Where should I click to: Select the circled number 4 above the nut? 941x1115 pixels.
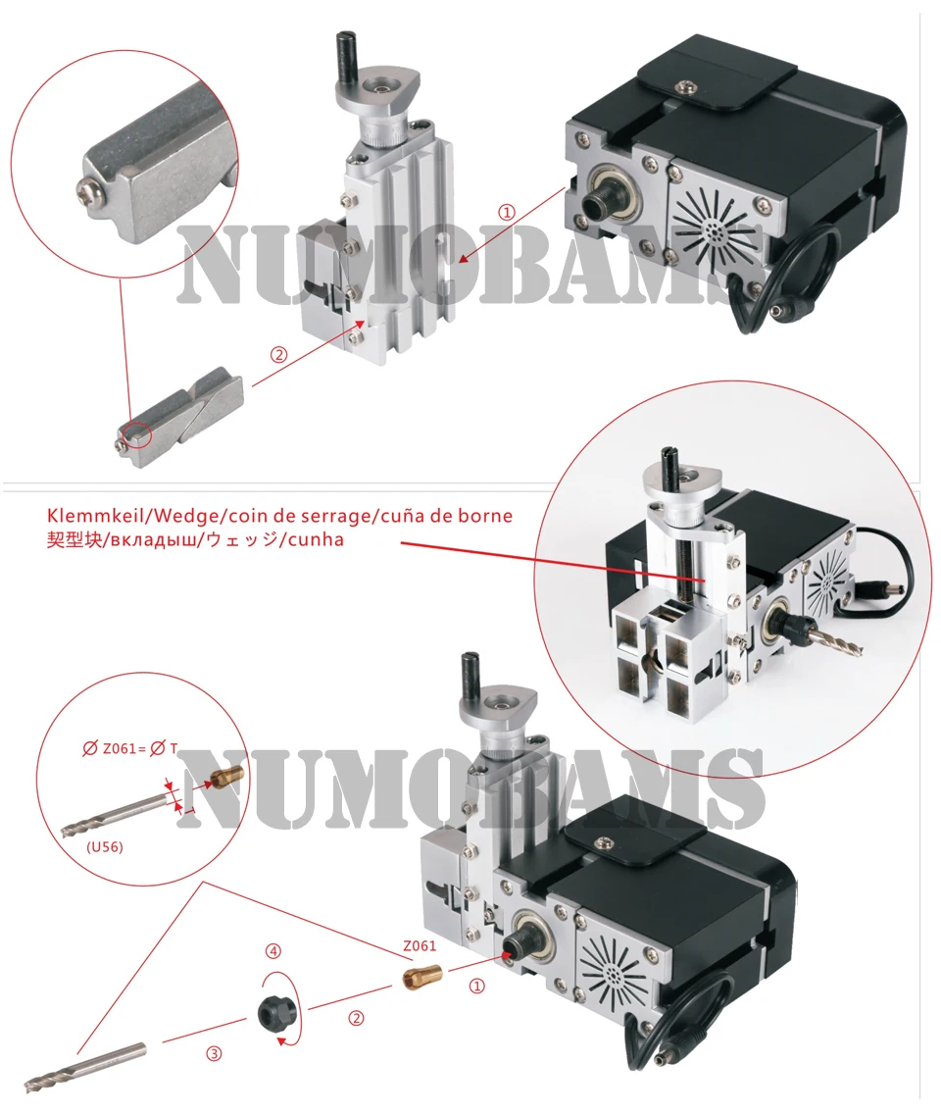pos(274,951)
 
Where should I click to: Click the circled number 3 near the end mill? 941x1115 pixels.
pos(214,1054)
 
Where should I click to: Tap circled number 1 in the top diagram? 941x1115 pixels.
pos(506,212)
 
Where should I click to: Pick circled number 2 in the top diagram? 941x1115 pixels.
pos(278,355)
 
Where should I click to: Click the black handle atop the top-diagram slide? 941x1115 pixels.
pos(344,57)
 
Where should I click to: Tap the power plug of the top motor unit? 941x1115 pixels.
pos(793,310)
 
